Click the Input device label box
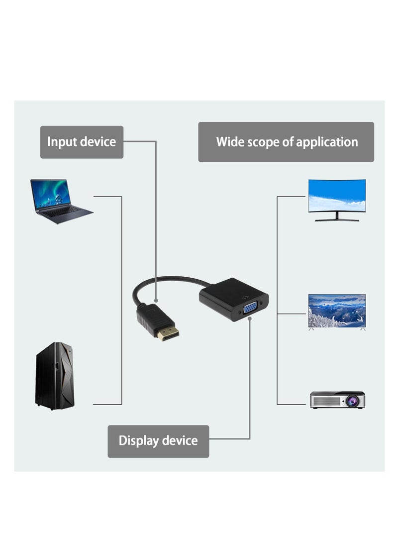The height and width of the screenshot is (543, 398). click(82, 142)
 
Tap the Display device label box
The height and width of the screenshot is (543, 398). click(158, 441)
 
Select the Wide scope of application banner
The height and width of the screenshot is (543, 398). click(286, 142)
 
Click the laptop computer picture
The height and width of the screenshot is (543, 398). click(60, 201)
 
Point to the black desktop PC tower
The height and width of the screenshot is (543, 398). click(54, 376)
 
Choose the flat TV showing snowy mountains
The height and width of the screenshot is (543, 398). click(337, 311)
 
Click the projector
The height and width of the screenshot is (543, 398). click(337, 400)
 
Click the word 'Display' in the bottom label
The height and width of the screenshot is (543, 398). click(139, 441)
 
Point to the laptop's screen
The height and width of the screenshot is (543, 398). click(51, 193)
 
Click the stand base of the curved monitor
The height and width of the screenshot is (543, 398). click(337, 219)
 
